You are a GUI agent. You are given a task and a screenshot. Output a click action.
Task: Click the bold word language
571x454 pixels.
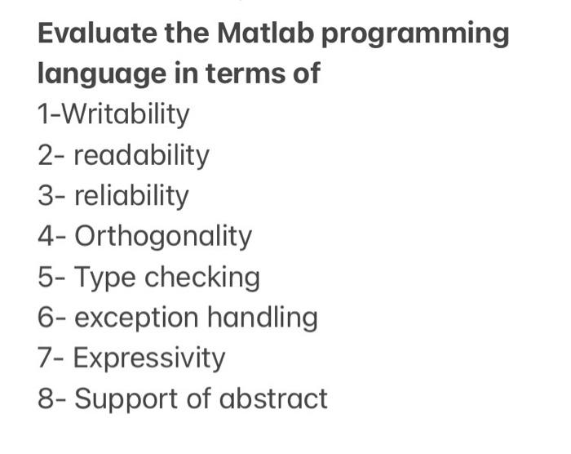point(99,75)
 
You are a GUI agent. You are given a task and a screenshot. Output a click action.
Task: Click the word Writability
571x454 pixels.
point(126,114)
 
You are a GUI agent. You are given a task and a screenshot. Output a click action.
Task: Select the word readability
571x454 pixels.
point(142,155)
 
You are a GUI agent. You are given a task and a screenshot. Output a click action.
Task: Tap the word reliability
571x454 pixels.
point(131,196)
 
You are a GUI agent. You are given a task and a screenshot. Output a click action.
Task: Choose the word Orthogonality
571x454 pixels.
point(163,237)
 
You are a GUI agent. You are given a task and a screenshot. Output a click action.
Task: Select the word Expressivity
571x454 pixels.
point(149,358)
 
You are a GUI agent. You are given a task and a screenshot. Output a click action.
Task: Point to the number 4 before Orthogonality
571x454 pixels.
point(46,237)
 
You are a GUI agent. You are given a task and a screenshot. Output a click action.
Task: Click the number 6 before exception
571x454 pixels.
point(46,318)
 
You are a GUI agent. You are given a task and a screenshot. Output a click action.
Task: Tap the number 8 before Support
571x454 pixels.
point(46,398)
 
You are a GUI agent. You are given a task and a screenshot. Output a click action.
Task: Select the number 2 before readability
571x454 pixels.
point(46,155)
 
